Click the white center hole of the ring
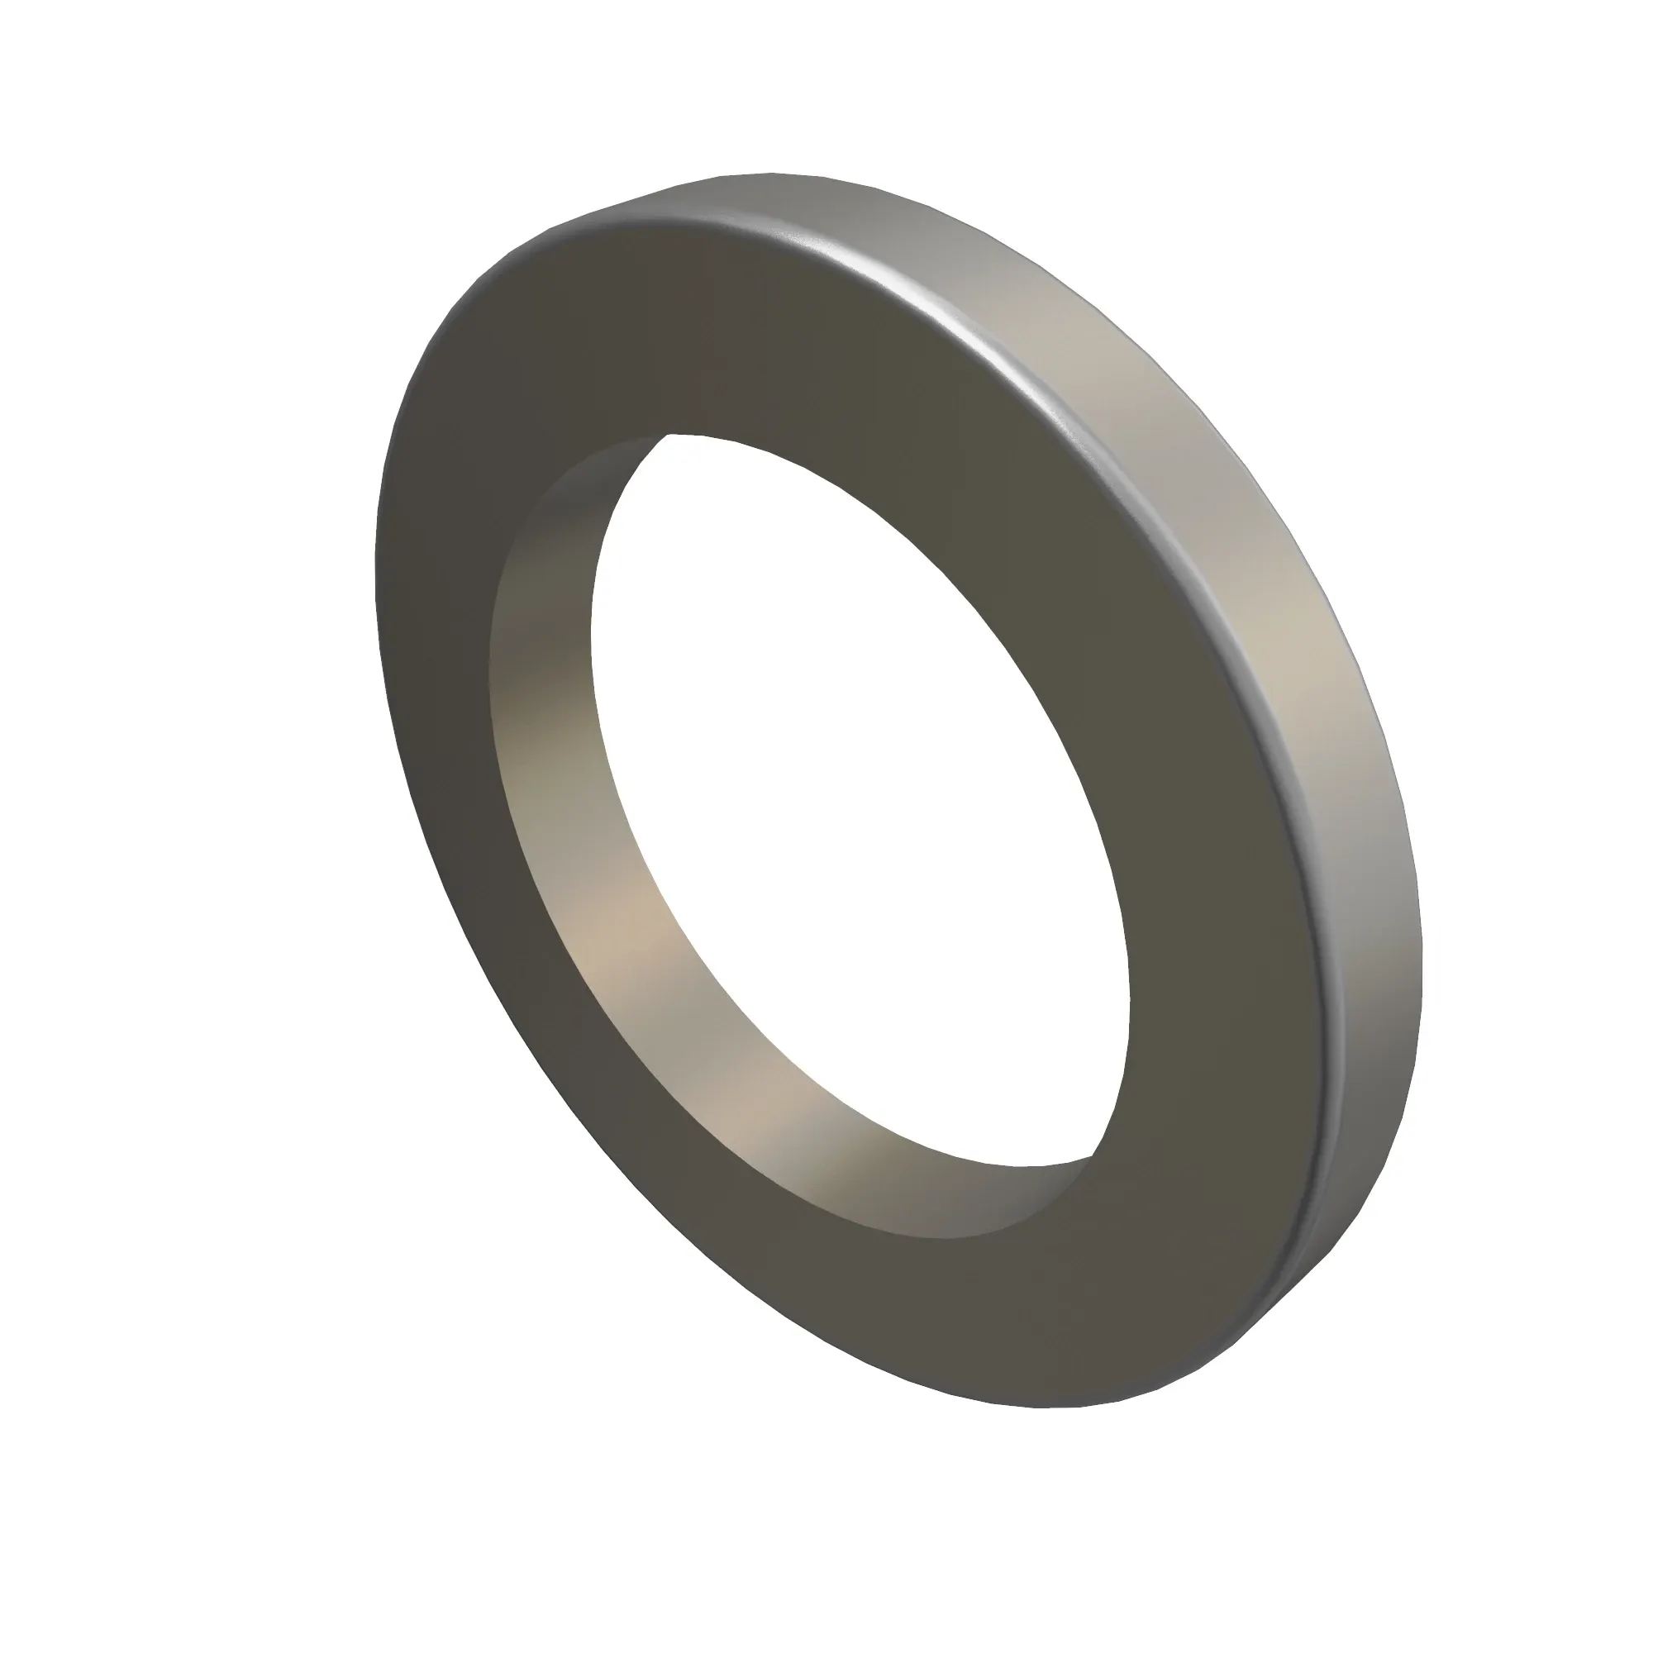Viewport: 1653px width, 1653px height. [x=855, y=796]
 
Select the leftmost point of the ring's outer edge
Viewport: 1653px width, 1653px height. [x=375, y=582]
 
